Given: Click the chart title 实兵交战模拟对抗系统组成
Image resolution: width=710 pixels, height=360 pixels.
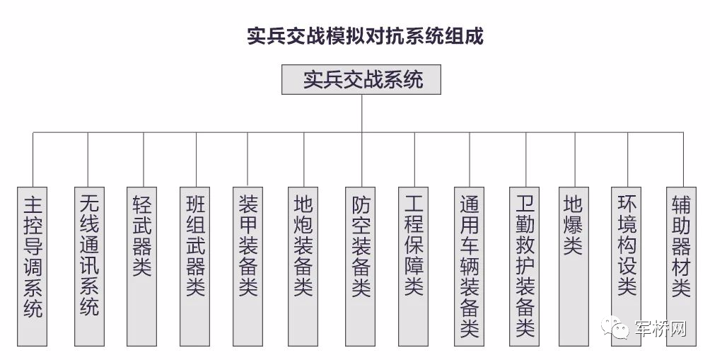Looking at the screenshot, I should pos(364,36).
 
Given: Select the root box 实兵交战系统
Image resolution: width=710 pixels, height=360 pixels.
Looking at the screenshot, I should pos(361,80).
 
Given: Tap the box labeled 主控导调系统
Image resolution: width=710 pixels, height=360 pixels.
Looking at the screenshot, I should pos(33,265).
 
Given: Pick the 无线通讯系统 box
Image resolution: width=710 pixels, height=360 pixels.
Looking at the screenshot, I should pos(88,265).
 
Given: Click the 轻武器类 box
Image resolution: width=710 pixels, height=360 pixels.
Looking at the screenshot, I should pos(142,265).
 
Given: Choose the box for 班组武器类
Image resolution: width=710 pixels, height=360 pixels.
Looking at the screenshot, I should pos(195,265).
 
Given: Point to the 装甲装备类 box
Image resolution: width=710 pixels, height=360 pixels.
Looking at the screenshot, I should pos(248,265).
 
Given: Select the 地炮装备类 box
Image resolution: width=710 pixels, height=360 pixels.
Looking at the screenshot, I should pos(304,265).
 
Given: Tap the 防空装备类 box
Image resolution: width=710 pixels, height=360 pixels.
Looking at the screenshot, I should pos(361,265).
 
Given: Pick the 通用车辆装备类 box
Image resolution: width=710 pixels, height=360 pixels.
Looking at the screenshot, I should pos(470,265).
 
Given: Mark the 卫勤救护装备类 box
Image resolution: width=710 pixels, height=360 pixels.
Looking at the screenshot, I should pos(525,265).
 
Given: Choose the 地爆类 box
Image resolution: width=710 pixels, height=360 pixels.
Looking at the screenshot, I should pos(574,265).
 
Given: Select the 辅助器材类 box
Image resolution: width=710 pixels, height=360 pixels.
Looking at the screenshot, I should pos(682,265).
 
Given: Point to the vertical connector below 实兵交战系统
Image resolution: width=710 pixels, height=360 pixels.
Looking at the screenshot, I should pos(361,112).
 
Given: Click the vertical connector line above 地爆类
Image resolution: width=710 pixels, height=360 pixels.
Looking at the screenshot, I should pos(574,159).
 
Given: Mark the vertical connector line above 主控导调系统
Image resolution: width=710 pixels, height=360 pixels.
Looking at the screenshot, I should pos(33,159).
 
